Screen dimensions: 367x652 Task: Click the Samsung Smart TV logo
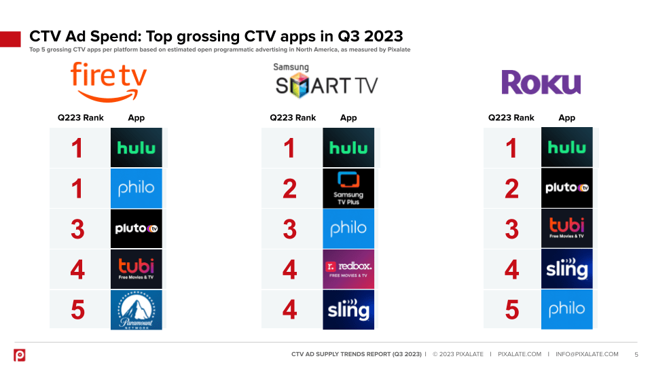pos(325,81)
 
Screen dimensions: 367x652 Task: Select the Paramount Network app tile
pos(137,310)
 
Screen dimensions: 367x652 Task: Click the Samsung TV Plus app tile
pos(348,188)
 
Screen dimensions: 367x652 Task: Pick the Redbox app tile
pos(348,269)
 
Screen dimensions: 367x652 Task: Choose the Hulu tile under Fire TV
pos(137,147)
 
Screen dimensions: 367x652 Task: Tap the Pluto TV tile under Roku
pos(567,188)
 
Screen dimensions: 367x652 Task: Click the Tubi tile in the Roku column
pos(567,228)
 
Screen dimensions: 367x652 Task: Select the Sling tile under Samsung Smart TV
pos(348,310)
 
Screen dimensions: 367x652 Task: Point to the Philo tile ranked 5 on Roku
pos(567,309)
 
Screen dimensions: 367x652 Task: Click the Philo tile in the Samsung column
pos(348,229)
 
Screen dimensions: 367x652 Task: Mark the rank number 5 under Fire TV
pos(78,310)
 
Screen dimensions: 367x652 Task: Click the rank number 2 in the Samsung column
pos(290,189)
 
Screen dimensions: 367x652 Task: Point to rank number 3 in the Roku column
pos(512,229)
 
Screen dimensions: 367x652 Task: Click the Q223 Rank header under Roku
pos(511,118)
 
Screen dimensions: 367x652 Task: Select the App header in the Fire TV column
pos(137,118)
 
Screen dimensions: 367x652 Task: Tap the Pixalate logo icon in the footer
pos(20,355)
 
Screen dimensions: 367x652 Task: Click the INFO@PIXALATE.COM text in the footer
pos(587,354)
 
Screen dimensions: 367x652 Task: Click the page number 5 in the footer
pos(636,354)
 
